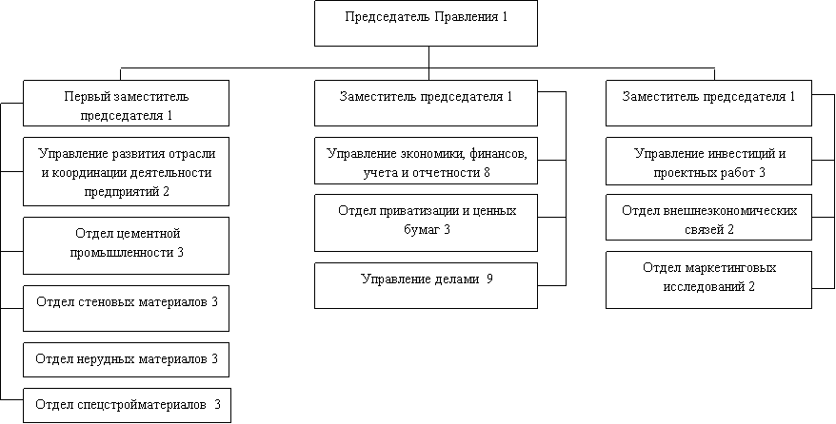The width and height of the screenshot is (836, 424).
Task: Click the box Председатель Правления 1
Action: pyautogui.click(x=426, y=23)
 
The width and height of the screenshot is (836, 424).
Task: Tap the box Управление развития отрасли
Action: pyautogui.click(x=127, y=172)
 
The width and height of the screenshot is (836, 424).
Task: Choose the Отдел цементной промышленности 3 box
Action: pyautogui.click(x=127, y=243)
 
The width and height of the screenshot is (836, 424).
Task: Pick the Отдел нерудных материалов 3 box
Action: pyautogui.click(x=127, y=359)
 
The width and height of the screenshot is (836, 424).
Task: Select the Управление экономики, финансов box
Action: pyautogui.click(x=426, y=162)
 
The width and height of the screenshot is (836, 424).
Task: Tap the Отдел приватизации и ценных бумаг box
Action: pyautogui.click(x=426, y=222)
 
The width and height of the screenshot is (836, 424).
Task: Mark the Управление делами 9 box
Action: pyautogui.click(x=426, y=284)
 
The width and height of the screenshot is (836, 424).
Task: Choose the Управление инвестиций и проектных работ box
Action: pyautogui.click(x=708, y=162)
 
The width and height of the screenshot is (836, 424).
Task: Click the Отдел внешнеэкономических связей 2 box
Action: pyautogui.click(x=708, y=220)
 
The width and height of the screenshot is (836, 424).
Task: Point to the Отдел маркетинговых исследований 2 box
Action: pyautogui.click(x=708, y=279)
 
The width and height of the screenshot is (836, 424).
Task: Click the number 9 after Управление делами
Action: pyautogui.click(x=488, y=279)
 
